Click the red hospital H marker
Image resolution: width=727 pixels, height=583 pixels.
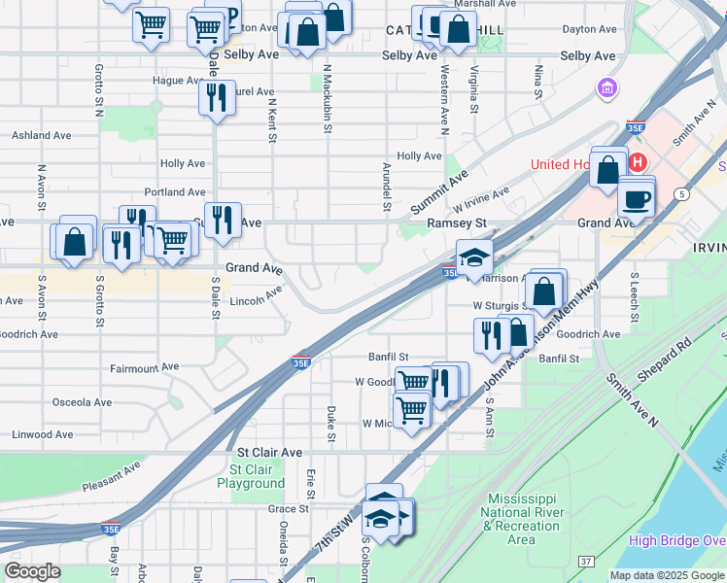(x=638, y=162)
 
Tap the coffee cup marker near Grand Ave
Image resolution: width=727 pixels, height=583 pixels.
(x=637, y=200)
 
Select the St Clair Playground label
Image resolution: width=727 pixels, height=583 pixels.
(x=251, y=476)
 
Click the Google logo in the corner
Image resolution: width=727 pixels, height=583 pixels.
(x=32, y=571)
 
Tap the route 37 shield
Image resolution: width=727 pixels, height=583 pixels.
(x=585, y=561)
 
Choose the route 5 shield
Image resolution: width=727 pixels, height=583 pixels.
(x=683, y=194)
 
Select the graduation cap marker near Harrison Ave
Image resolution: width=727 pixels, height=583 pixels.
(x=474, y=257)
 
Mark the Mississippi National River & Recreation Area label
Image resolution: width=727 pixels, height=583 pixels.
(x=521, y=519)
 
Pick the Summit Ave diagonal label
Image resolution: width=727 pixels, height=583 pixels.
(x=438, y=192)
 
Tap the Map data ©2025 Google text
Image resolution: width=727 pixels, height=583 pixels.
(x=666, y=575)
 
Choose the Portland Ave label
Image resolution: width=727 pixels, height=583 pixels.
(x=175, y=192)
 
